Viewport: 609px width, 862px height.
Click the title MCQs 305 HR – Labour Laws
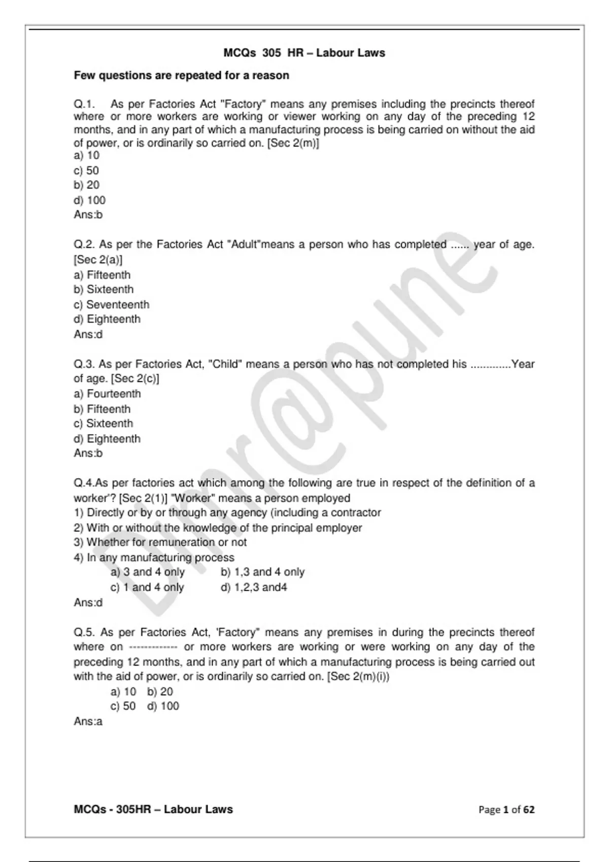(x=304, y=53)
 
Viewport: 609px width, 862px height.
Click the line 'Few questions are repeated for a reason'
(x=181, y=76)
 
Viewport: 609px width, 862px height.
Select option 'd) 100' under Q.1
(x=89, y=200)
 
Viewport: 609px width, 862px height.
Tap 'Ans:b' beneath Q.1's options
(x=88, y=215)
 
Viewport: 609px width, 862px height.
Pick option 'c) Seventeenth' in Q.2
(x=112, y=305)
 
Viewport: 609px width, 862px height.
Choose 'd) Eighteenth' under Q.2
(x=107, y=319)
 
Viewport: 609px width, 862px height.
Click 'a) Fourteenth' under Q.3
(x=107, y=394)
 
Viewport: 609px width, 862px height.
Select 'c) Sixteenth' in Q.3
(x=104, y=424)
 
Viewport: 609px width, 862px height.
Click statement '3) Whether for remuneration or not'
(x=160, y=543)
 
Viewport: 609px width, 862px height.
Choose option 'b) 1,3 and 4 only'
(x=262, y=572)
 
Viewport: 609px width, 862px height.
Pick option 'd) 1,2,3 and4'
(x=254, y=588)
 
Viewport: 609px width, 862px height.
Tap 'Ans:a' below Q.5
(x=88, y=722)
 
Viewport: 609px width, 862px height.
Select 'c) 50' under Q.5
(x=123, y=706)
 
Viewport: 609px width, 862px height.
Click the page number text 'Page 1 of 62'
(x=506, y=810)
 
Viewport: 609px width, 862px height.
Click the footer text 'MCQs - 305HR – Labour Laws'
(x=153, y=810)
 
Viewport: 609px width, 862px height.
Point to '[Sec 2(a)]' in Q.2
(x=98, y=260)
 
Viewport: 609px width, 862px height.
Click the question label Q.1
(x=84, y=104)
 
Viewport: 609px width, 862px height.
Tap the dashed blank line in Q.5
(x=153, y=648)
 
